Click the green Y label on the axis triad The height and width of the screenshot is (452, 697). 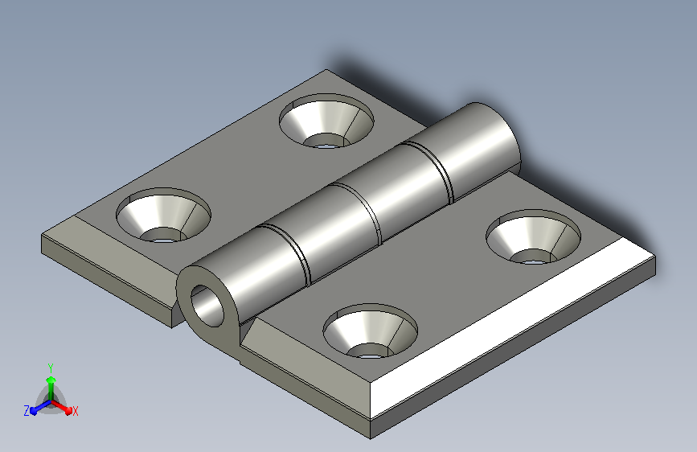tap(51, 368)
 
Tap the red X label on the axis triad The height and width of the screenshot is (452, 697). tap(75, 411)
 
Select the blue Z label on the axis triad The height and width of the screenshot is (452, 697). tap(27, 411)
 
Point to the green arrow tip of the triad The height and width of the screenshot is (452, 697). tap(51, 379)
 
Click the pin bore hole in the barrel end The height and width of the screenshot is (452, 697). tap(207, 306)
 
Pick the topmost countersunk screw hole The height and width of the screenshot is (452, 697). tap(326, 121)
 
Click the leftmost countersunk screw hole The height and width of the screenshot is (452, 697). tap(163, 215)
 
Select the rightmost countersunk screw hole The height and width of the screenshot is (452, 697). tap(534, 236)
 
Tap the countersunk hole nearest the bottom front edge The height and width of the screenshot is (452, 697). tap(370, 331)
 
